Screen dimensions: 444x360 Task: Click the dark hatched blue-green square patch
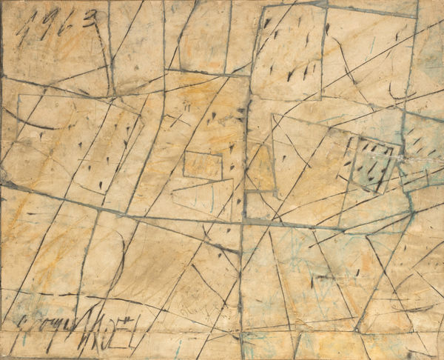(370, 163)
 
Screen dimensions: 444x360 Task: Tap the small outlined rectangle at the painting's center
(202, 164)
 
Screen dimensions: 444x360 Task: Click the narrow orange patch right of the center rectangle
(260, 167)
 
